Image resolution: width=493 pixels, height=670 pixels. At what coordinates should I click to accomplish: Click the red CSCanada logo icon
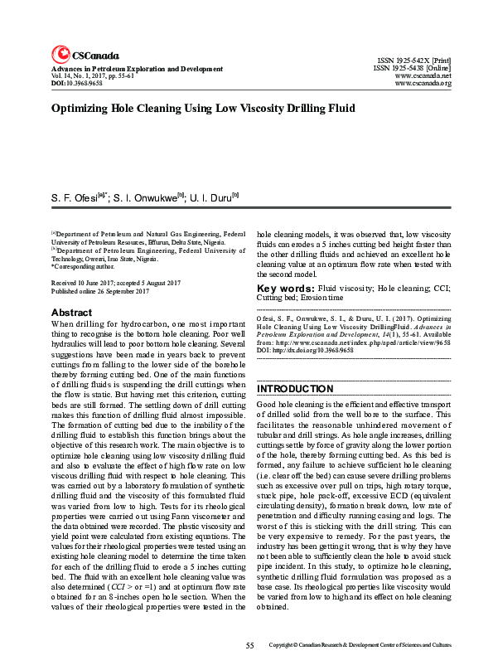pos(60,55)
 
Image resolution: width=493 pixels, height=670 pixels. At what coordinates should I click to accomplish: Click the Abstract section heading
pos(72,313)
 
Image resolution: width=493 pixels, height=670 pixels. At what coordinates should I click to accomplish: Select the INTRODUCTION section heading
pos(295,389)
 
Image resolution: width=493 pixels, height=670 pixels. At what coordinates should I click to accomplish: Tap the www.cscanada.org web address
pos(423,83)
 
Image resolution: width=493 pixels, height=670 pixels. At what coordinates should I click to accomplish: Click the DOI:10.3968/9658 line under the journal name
pos(77,84)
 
